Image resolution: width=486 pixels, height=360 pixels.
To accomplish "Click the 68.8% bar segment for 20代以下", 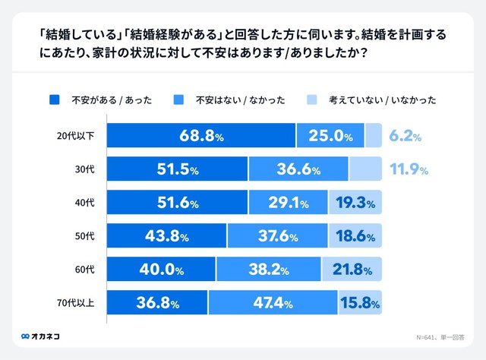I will (x=201, y=136).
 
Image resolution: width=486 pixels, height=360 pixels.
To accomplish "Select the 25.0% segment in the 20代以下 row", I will (x=330, y=136).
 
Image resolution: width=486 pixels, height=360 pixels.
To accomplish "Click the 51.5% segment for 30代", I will (x=177, y=169).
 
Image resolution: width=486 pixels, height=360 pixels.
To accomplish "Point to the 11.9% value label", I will (x=409, y=169).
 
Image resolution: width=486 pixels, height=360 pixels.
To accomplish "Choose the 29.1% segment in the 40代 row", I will (x=288, y=203).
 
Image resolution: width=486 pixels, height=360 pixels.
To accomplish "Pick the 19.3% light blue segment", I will (x=355, y=203).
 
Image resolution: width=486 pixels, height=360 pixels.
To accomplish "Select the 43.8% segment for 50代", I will (x=166, y=236).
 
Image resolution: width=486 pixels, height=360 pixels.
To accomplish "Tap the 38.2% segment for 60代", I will (x=268, y=270).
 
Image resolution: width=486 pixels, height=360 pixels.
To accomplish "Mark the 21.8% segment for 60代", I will (x=351, y=270).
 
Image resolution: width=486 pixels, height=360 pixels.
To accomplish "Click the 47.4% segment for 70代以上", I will (x=272, y=303).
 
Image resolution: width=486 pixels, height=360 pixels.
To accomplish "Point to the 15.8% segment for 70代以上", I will (x=359, y=303).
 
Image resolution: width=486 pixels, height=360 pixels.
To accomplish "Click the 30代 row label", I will (x=84, y=169).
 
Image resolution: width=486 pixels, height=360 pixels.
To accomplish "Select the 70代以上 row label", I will (x=77, y=303).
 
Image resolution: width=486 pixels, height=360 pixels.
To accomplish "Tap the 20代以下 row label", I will (x=77, y=136).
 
